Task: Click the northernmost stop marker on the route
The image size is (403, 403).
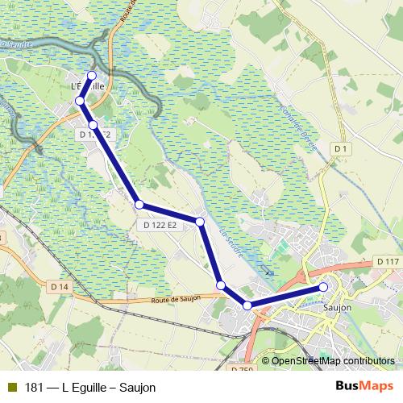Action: pos(91,75)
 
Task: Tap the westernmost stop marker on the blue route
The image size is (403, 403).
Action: pos(80,100)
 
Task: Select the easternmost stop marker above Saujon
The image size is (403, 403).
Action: pos(323,287)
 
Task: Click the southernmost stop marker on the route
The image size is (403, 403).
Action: pos(248,305)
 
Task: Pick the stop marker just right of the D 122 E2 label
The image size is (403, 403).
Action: pos(200,221)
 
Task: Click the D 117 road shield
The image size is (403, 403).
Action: pos(388,263)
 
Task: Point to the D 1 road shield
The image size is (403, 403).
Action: pos(341,149)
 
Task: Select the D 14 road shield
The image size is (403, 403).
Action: pos(59,286)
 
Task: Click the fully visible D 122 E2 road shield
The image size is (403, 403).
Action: pos(160,226)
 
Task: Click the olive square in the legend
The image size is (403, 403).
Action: pos(11,388)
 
